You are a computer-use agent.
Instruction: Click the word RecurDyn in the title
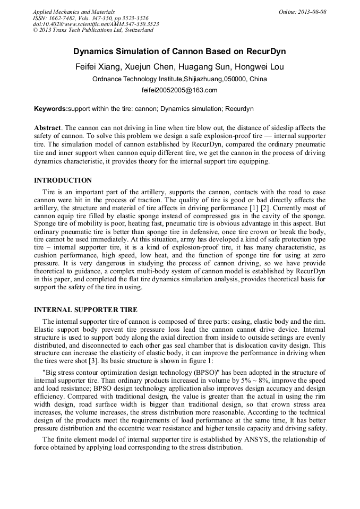tap(264, 51)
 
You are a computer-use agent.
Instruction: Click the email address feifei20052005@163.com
tap(179, 90)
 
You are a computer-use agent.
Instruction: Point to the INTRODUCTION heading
tap(63, 180)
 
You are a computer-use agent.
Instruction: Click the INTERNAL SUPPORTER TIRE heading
tap(85, 309)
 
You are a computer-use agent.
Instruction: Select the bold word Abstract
tap(47, 128)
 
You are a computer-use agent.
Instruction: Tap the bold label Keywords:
tap(51, 109)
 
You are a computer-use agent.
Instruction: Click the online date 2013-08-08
tap(312, 12)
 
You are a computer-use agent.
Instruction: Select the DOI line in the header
tap(96, 24)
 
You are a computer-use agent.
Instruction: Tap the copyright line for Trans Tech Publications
tap(93, 30)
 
